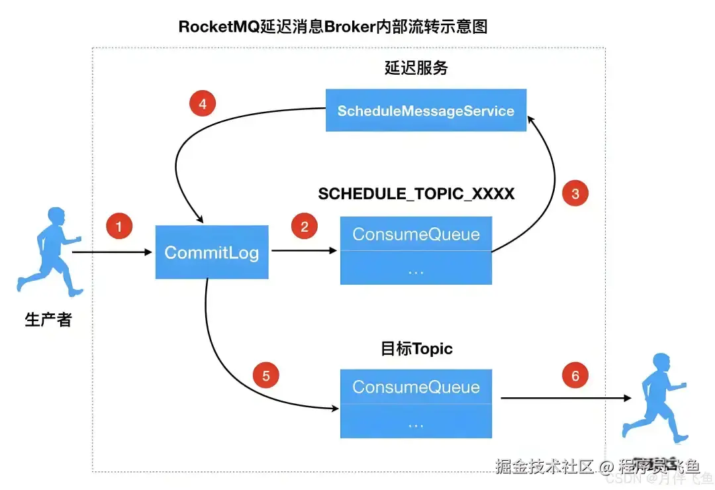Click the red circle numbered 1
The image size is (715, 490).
[x=119, y=227]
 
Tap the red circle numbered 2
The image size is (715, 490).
[x=305, y=227]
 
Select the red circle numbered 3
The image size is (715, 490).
[x=575, y=193]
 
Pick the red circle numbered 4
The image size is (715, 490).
[x=203, y=104]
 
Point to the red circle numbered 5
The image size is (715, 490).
[x=266, y=376]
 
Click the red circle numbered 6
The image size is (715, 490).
[x=575, y=376]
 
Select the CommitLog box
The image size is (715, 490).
[x=212, y=252]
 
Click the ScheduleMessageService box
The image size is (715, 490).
[x=426, y=111]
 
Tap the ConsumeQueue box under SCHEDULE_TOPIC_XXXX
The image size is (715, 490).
[x=416, y=235]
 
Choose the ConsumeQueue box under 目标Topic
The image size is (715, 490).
[x=416, y=387]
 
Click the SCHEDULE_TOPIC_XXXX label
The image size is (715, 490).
[x=416, y=194]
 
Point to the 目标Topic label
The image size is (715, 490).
[x=416, y=349]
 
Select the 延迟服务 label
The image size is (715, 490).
[x=416, y=68]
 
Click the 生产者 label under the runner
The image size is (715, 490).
[x=48, y=320]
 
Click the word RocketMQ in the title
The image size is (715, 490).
[x=211, y=27]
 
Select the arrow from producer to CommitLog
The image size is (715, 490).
[x=113, y=252]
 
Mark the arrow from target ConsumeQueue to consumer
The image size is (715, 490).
[x=563, y=399]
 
